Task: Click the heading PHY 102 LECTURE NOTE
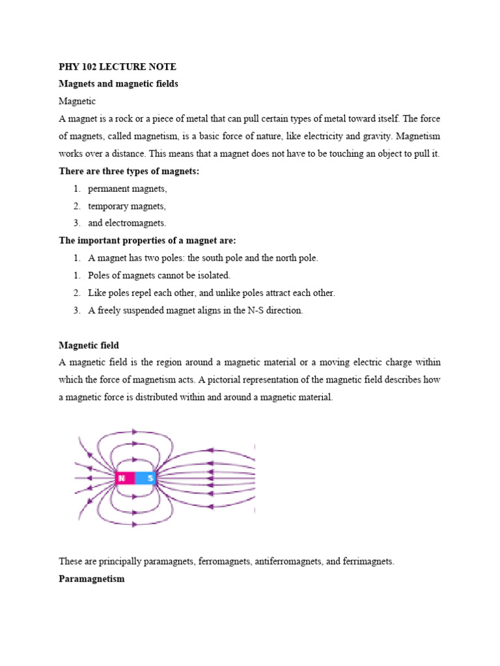(117, 67)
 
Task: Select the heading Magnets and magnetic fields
(118, 84)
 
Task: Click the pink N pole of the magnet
(124, 479)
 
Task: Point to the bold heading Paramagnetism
(91, 578)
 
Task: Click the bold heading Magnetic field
(89, 345)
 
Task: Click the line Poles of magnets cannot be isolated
(159, 275)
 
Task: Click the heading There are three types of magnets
(123, 171)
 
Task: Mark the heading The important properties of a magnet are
(147, 241)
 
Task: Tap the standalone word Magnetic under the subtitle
(77, 101)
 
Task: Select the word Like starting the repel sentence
(96, 293)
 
